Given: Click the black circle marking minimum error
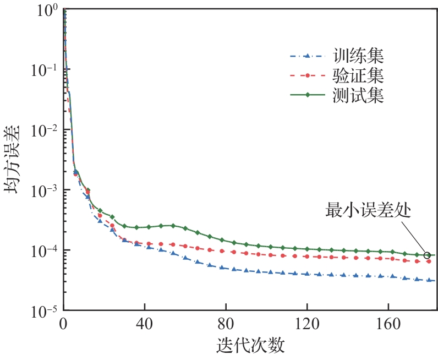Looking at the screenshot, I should (428, 255).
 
